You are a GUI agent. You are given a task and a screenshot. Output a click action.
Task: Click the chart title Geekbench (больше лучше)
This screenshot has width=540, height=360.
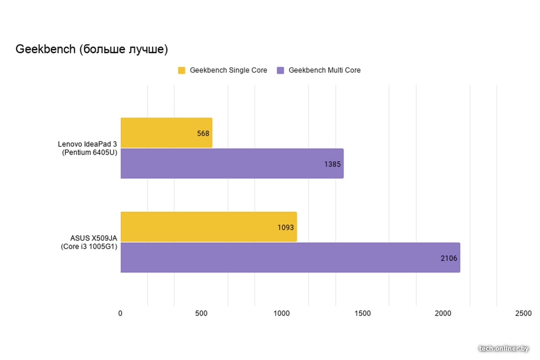click(x=92, y=49)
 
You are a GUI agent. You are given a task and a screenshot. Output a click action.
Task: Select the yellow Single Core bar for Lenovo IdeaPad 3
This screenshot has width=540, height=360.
click(x=166, y=133)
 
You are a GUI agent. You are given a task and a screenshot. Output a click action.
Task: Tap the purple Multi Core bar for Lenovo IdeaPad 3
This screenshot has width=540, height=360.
click(x=232, y=164)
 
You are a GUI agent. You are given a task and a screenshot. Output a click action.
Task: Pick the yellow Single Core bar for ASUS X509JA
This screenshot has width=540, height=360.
click(x=208, y=227)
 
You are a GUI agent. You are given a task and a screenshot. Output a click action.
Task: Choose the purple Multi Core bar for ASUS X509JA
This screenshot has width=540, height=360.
click(x=290, y=257)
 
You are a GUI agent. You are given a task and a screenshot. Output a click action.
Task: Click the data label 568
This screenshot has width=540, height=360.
click(x=203, y=133)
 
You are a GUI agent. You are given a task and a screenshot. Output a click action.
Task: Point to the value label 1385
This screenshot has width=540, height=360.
click(x=332, y=164)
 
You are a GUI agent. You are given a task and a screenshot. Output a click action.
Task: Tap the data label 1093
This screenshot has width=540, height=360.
click(x=285, y=227)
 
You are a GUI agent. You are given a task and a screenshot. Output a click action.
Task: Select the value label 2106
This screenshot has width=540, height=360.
click(x=449, y=258)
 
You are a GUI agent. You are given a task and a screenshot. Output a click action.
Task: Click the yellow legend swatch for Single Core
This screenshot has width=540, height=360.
click(x=182, y=70)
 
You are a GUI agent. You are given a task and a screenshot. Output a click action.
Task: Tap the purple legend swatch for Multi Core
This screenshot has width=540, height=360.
click(x=281, y=70)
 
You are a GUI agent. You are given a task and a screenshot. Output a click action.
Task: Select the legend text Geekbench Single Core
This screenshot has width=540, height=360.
click(x=228, y=70)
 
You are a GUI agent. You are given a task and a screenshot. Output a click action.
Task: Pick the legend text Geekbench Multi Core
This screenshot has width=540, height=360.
click(x=324, y=70)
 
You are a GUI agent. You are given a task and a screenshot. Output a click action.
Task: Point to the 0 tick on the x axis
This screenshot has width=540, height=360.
click(x=120, y=313)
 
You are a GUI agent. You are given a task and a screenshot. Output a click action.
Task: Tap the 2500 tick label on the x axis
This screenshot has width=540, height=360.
click(x=523, y=313)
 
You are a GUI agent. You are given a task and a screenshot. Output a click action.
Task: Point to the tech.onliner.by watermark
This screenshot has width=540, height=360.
click(x=504, y=348)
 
